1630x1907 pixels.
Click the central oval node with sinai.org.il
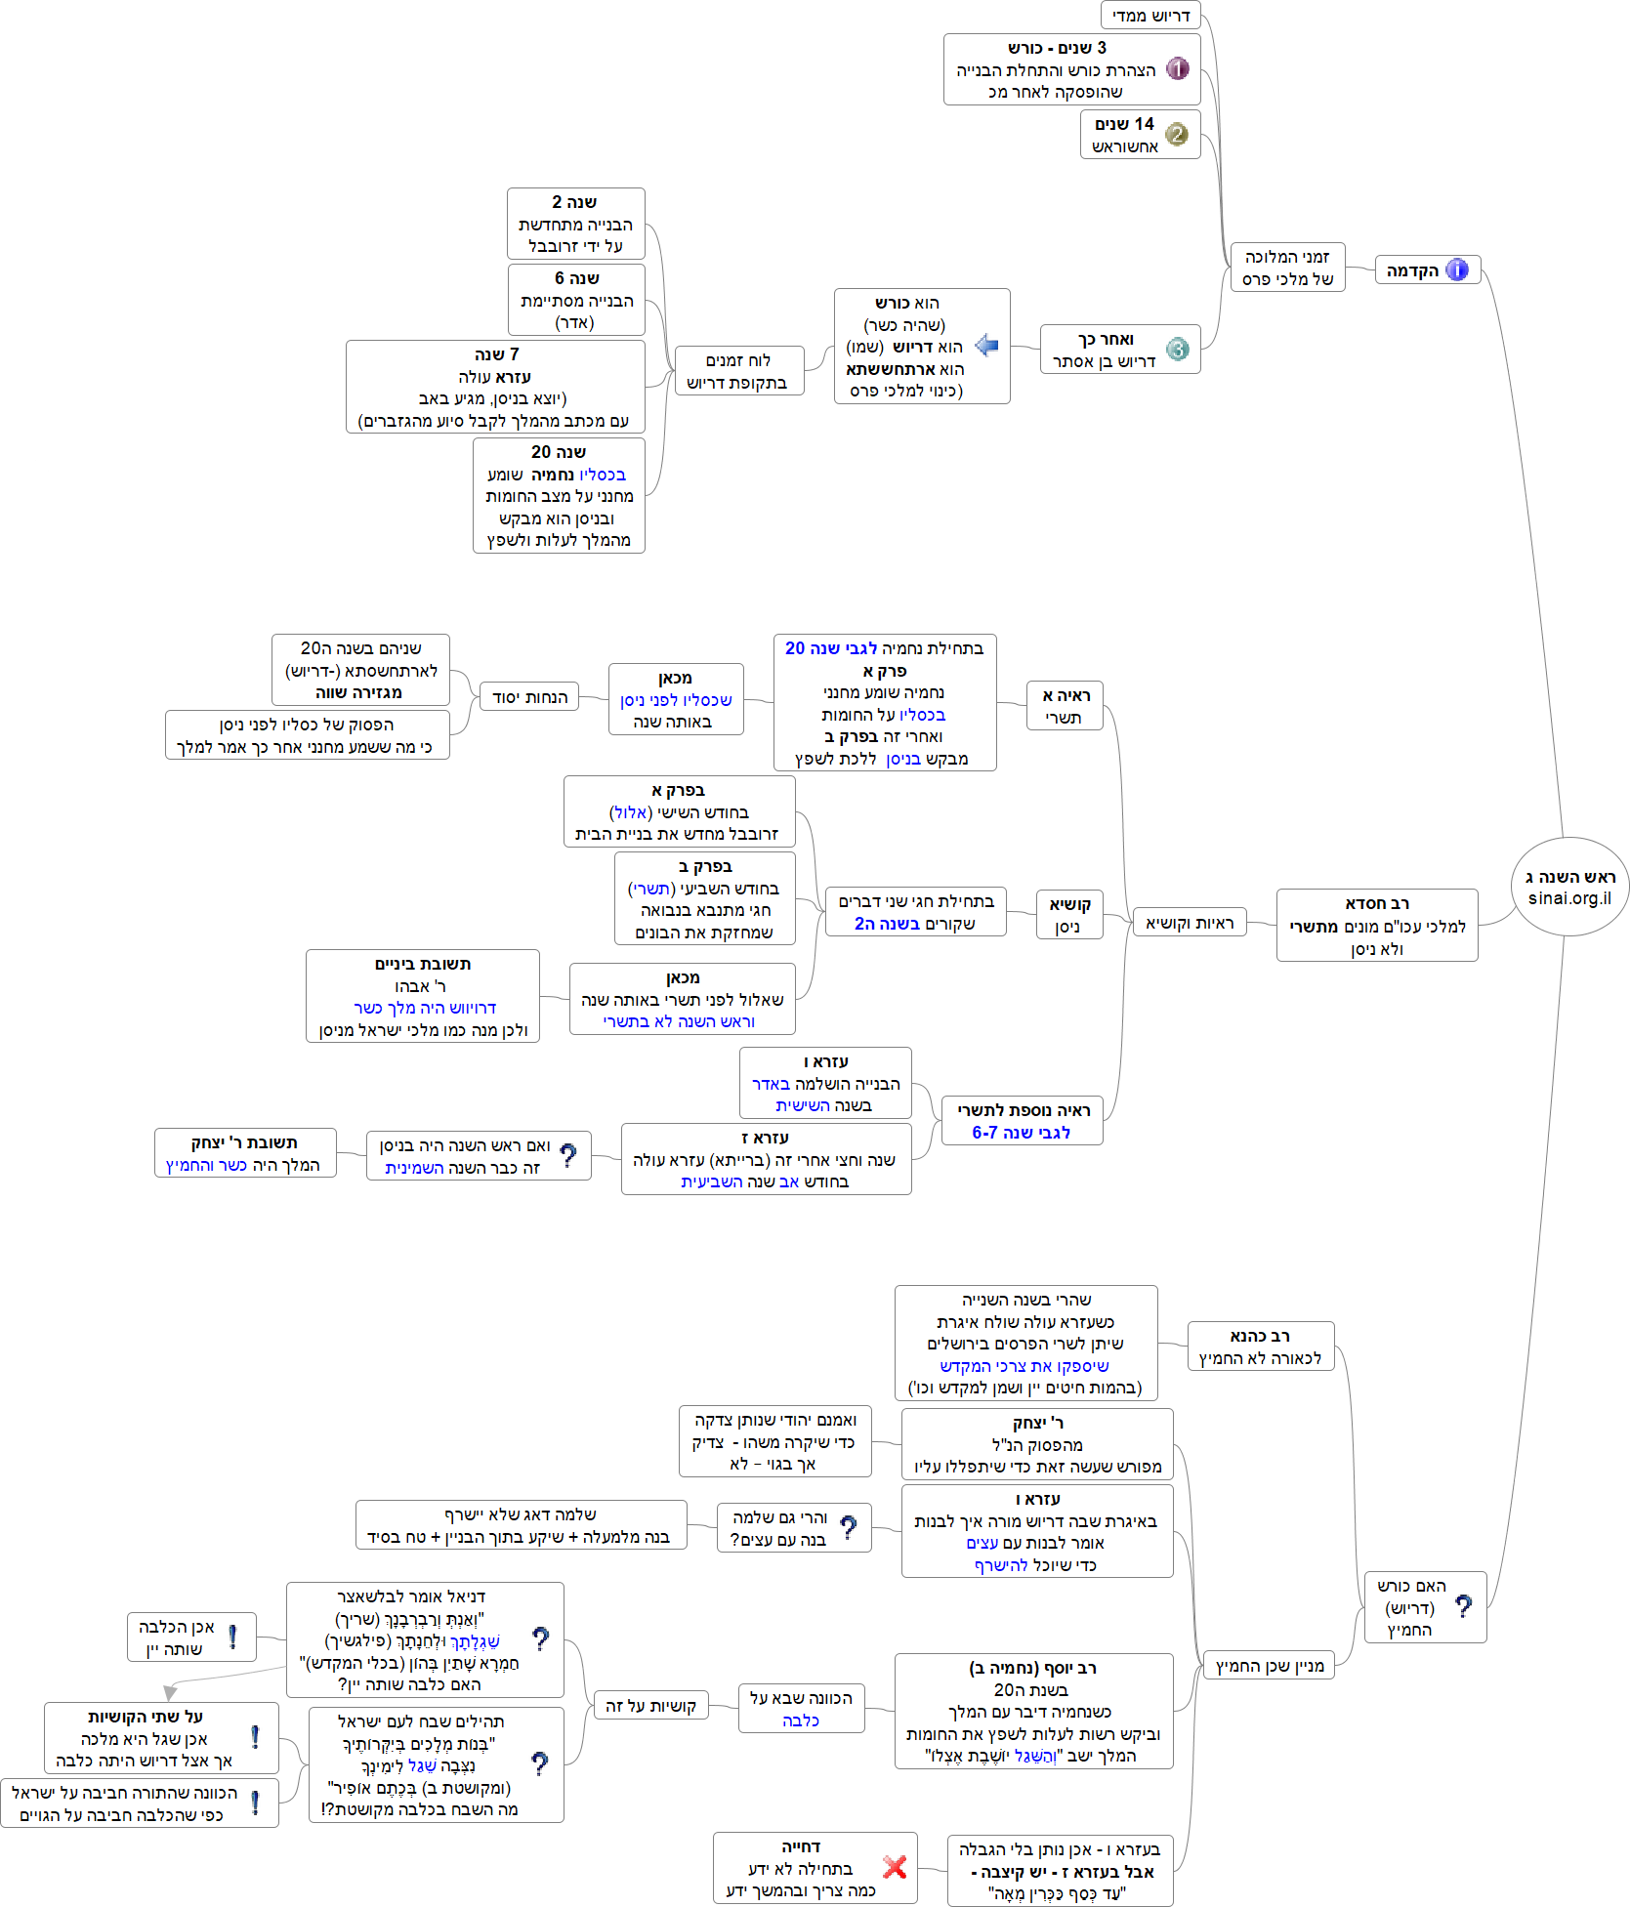(x=1569, y=887)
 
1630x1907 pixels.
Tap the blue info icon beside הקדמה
(x=1457, y=270)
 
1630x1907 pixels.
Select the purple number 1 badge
(x=1178, y=69)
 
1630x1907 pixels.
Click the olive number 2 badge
(x=1177, y=135)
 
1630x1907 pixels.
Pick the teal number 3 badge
(x=1178, y=350)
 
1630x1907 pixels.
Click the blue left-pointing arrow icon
(x=987, y=346)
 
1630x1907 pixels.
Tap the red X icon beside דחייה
(x=895, y=1867)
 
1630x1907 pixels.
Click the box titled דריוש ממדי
(x=1150, y=16)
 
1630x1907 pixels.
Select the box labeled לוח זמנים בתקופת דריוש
(x=738, y=371)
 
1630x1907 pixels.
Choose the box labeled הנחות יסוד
(x=529, y=697)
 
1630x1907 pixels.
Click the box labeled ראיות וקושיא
(x=1190, y=923)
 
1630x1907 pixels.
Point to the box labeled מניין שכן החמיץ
(x=1269, y=1666)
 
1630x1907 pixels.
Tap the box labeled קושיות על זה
(x=650, y=1706)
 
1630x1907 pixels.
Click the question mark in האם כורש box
(x=1463, y=1606)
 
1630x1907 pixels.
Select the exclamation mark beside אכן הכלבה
(x=232, y=1637)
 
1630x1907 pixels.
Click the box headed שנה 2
(x=575, y=225)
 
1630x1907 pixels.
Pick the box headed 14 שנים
(x=1140, y=135)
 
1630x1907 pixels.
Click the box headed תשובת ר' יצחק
(x=244, y=1153)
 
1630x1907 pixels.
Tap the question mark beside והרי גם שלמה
(x=849, y=1527)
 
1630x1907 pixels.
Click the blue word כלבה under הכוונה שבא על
(x=801, y=1720)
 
